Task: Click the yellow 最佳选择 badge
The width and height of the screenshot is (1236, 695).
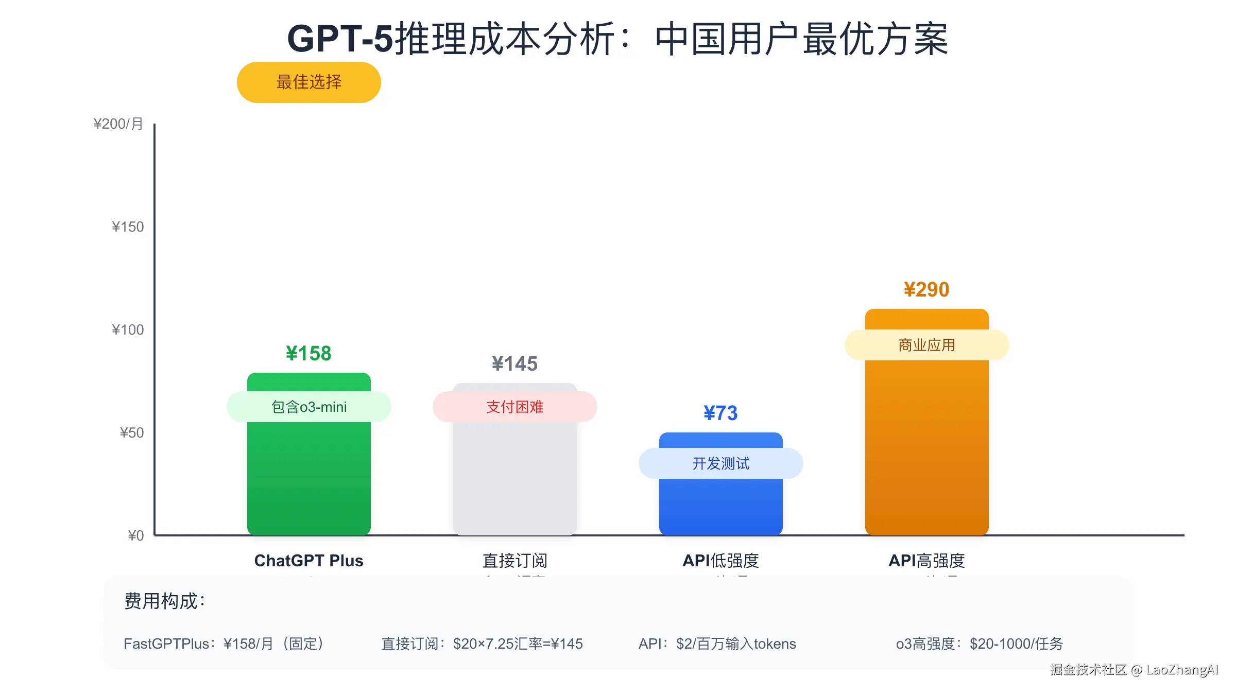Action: point(308,82)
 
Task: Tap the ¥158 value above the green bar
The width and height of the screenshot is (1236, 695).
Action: point(308,354)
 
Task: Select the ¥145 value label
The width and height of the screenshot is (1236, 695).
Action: point(514,364)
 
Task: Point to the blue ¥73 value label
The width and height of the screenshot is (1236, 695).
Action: point(720,413)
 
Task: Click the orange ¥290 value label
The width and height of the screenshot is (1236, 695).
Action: point(926,290)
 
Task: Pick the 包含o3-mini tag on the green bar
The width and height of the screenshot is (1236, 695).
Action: point(308,407)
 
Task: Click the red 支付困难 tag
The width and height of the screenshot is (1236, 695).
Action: point(514,407)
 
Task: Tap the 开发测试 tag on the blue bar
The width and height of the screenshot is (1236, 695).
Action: point(720,463)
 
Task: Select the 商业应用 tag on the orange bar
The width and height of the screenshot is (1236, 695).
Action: point(926,345)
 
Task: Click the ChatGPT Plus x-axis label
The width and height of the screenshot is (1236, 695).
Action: point(308,561)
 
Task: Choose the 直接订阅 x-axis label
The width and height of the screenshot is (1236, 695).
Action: point(514,561)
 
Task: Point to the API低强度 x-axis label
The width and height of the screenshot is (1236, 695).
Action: point(720,561)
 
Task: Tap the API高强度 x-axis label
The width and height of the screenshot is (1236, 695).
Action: point(926,561)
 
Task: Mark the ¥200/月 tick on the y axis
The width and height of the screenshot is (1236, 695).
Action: point(118,124)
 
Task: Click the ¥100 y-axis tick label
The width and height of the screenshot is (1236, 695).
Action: point(128,330)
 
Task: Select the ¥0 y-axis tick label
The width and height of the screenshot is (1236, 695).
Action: point(136,536)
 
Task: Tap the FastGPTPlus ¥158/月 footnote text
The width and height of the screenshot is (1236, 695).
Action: point(224,644)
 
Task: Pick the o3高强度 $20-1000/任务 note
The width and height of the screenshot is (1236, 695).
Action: point(979,644)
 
